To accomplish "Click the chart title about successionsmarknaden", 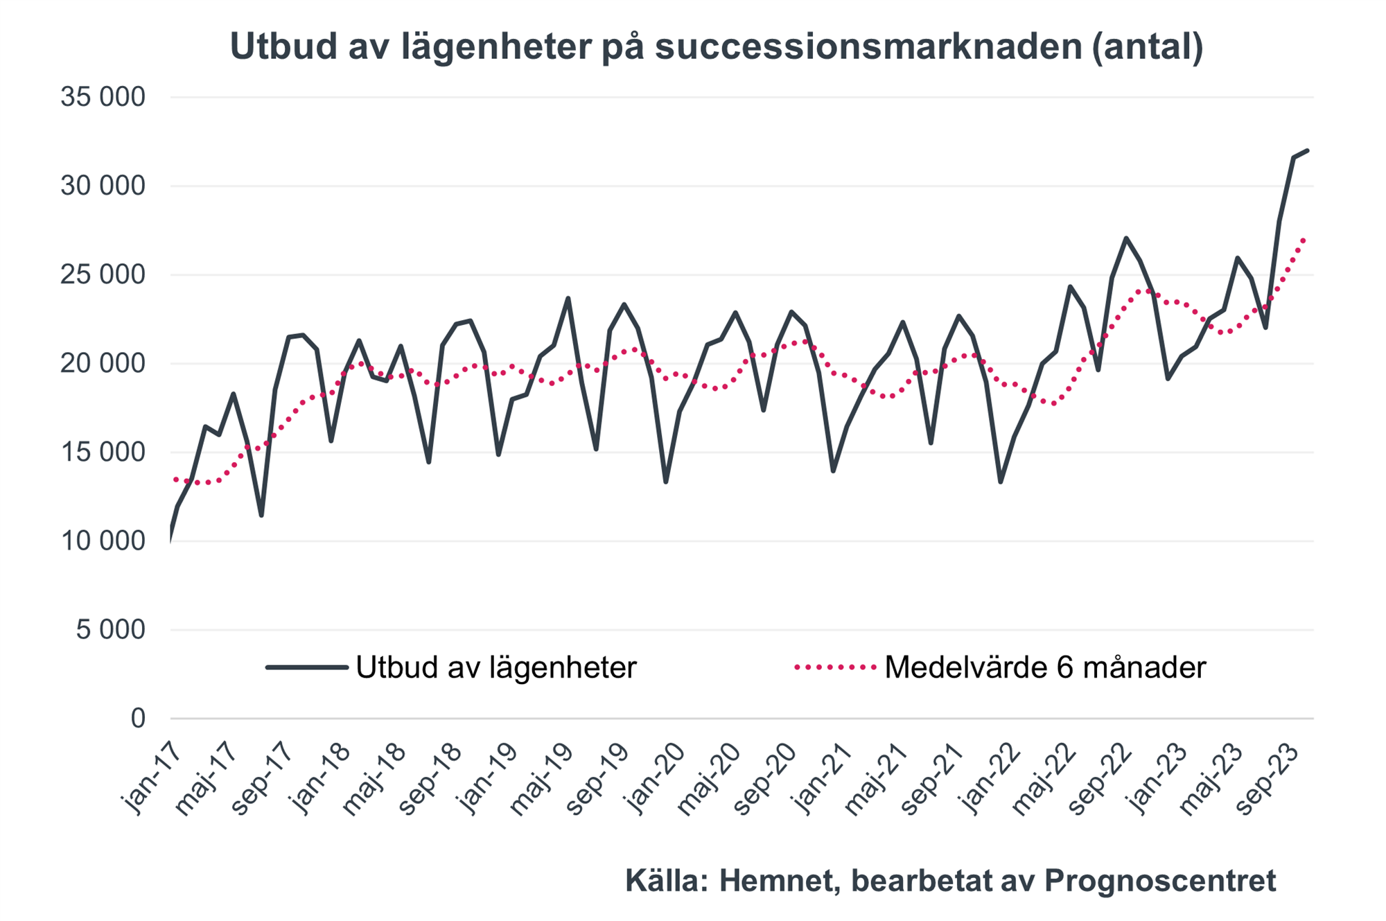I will click(716, 47).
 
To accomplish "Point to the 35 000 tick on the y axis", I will click(103, 97).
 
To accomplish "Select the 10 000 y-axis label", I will click(103, 541).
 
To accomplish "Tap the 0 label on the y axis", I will click(138, 719).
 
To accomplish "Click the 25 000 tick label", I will click(103, 275).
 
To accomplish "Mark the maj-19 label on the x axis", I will click(541, 779).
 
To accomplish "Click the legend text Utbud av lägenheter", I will click(495, 667).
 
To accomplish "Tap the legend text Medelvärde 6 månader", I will click(1045, 667).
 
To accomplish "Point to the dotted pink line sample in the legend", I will click(836, 667).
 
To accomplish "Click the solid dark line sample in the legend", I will click(307, 667).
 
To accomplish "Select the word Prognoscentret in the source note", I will click(1159, 881).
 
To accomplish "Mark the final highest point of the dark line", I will click(1307, 150).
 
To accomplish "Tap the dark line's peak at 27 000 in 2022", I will click(1127, 238).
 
